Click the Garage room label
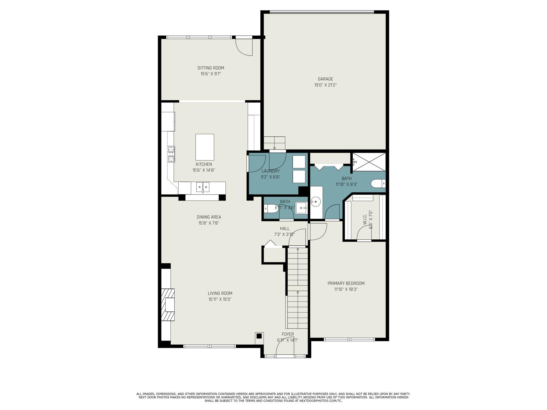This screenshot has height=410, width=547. coord(325,79)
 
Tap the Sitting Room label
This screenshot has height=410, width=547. coord(211,68)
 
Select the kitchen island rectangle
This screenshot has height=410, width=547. coord(205,147)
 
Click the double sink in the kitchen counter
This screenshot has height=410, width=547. coord(203,187)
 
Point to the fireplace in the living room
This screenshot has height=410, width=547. coord(168,305)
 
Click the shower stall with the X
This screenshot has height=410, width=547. coord(369,162)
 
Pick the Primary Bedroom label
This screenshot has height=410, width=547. coord(346,283)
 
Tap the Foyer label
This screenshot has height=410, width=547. coord(288,334)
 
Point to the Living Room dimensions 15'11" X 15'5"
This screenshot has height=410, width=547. coord(220,299)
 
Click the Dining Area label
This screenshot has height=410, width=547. coord(209,217)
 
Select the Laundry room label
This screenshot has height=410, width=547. coord(271,171)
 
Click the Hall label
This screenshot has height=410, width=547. coord(285,229)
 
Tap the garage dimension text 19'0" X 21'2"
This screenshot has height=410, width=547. coord(325,85)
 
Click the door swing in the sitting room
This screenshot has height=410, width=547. coord(244,47)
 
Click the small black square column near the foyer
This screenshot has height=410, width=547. coord(259,336)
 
